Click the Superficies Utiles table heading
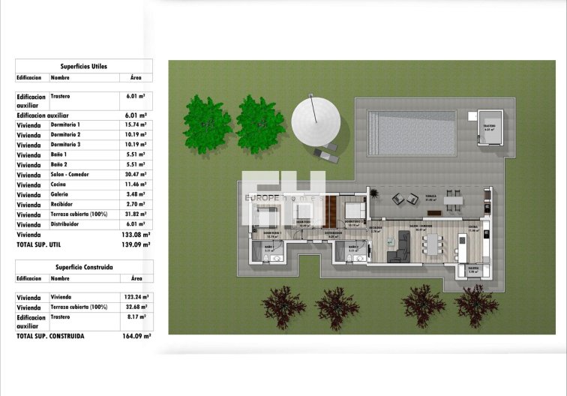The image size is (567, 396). pyautogui.click(x=83, y=66)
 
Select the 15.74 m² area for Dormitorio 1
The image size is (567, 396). pyautogui.click(x=136, y=124)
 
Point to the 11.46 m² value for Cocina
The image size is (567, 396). pyautogui.click(x=136, y=184)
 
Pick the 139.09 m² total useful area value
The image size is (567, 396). pyautogui.click(x=136, y=244)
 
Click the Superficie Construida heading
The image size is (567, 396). pyautogui.click(x=83, y=266)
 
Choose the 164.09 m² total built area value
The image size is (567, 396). pyautogui.click(x=136, y=336)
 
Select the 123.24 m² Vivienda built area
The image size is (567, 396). pyautogui.click(x=136, y=298)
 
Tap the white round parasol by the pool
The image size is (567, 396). pyautogui.click(x=316, y=118)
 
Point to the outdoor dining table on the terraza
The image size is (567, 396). pyautogui.click(x=453, y=199)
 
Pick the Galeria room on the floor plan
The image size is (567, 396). pyautogui.click(x=473, y=269)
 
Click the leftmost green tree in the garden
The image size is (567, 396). pyautogui.click(x=206, y=121)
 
